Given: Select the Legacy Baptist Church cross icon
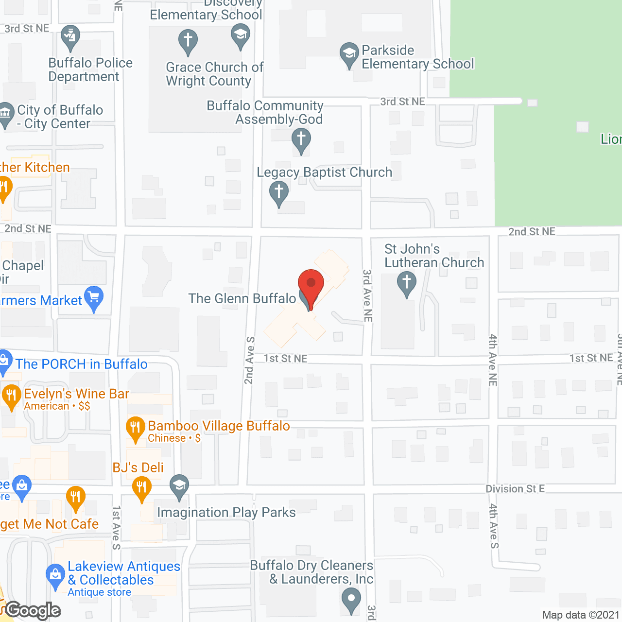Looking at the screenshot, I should (279, 192).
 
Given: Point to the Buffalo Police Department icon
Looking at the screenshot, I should (71, 37).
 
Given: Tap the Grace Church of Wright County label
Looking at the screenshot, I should (214, 74).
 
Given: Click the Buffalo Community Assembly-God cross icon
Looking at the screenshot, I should (301, 139).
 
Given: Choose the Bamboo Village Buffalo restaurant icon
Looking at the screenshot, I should (136, 428).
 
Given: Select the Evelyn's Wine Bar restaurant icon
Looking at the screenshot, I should (11, 396).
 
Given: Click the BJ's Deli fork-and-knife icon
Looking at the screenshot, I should (141, 487).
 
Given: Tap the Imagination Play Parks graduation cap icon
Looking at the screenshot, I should (179, 486).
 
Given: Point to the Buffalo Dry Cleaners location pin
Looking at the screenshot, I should (351, 599).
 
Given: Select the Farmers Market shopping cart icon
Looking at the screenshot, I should (94, 297).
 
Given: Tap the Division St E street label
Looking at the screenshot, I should (515, 489).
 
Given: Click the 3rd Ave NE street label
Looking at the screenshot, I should (368, 295).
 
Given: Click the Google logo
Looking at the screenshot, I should (33, 610).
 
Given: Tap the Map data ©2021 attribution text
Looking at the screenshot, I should (581, 615).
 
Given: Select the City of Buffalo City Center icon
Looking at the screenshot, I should (6, 114).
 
